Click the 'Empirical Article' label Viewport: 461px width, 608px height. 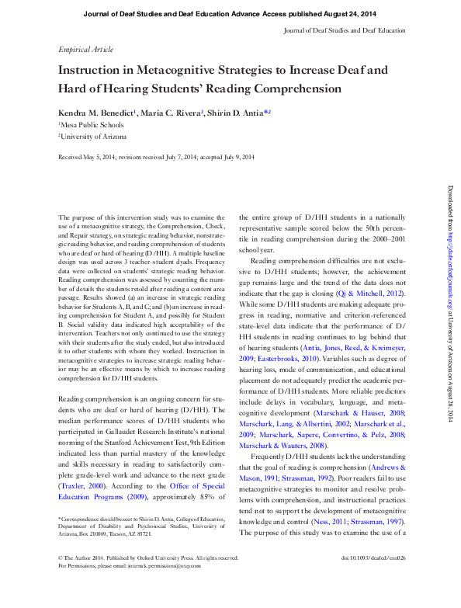coord(85,48)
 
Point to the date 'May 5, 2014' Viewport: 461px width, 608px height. coord(101,157)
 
